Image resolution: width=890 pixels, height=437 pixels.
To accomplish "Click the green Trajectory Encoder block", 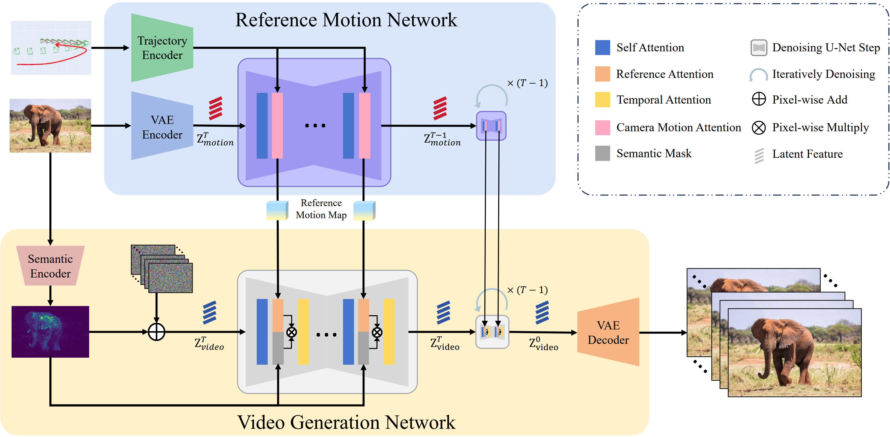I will tap(162, 48).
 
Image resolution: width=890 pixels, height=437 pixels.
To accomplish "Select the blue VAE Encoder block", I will tap(162, 126).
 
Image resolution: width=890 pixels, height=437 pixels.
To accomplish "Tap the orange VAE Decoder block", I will tap(608, 332).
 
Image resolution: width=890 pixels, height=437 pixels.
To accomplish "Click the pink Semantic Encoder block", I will tap(50, 266).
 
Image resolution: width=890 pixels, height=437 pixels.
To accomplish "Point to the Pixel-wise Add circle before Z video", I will tap(157, 332).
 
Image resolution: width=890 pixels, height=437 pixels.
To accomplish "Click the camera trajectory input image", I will tap(51, 48).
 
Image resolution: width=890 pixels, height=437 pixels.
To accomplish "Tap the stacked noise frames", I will tap(162, 269).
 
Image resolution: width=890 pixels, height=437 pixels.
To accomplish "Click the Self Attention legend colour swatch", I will tap(603, 48).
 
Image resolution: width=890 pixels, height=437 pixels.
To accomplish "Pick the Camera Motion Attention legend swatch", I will tap(603, 128).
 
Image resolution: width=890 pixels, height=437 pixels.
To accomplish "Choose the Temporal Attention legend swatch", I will tap(603, 100).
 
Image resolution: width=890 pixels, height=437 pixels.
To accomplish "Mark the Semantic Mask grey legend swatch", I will tap(603, 154).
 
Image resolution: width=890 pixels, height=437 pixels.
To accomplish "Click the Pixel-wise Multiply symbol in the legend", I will tap(759, 128).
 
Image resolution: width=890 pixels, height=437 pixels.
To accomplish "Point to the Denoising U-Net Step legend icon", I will tap(759, 48).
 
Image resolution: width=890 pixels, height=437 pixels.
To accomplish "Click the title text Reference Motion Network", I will tap(346, 20).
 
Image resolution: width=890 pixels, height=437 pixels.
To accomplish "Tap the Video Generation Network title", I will tap(346, 422).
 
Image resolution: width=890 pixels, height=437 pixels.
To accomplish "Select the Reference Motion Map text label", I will tap(321, 209).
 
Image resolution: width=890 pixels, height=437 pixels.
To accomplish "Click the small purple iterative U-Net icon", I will tap(491, 126).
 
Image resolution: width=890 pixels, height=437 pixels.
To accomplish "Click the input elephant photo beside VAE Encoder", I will tap(50, 126).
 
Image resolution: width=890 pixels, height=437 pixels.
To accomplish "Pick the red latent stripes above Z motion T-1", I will tap(440, 108).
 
